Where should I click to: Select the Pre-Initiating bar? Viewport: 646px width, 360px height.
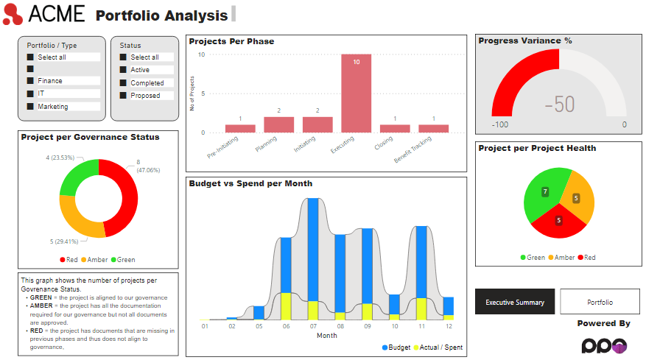pos(240,129)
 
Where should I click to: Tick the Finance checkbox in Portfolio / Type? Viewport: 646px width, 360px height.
pos(31,81)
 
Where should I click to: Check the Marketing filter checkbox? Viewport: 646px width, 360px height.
pos(31,107)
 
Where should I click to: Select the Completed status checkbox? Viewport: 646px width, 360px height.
pos(124,83)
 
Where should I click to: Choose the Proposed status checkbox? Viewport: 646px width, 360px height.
pos(124,96)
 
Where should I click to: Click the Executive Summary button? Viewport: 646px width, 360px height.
pos(515,302)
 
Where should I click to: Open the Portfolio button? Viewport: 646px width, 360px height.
pos(600,302)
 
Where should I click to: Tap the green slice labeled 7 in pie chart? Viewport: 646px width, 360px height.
pos(542,193)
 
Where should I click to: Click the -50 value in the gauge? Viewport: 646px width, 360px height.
pos(560,105)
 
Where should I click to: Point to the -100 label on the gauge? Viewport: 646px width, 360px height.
pos(501,125)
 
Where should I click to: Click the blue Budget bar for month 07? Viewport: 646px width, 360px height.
pos(313,250)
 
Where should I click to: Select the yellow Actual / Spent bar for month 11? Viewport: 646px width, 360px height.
pos(421,308)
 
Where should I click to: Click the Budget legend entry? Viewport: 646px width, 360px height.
pos(395,347)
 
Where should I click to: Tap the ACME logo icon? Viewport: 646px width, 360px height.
pos(13,14)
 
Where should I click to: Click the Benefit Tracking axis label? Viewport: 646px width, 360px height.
pos(414,149)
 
